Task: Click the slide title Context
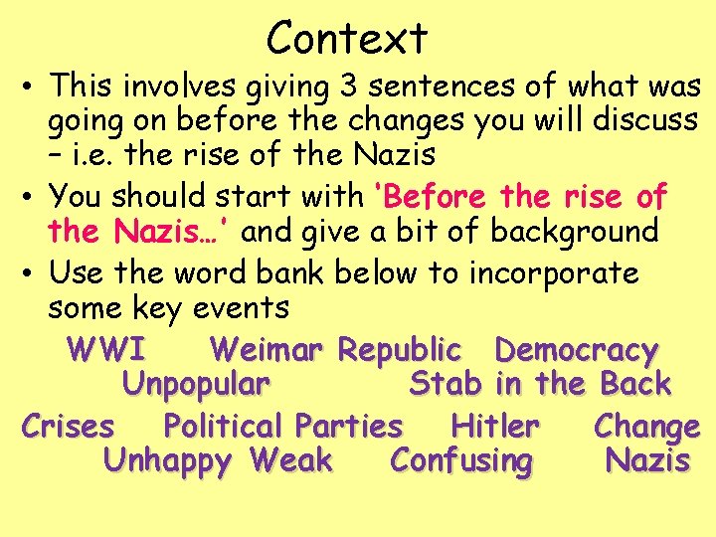coord(347,38)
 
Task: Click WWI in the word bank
coord(106,350)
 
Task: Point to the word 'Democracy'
coord(577,350)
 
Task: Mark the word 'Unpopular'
coord(196,383)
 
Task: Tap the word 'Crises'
coord(68,427)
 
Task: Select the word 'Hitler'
coord(495,427)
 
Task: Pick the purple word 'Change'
coord(646,427)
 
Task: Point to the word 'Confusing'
coord(462,461)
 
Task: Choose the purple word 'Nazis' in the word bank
coord(647,461)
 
